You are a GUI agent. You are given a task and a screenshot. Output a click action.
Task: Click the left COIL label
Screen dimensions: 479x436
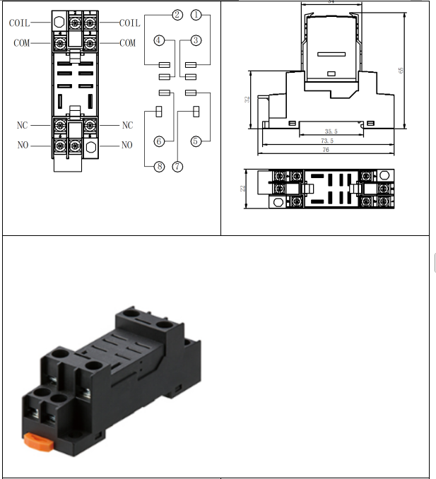(x=19, y=23)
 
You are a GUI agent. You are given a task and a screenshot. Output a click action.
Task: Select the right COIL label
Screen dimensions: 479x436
(x=129, y=23)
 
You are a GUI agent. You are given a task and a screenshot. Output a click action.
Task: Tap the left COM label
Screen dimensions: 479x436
(x=22, y=43)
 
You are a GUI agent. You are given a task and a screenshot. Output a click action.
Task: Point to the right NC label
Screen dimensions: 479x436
(x=127, y=125)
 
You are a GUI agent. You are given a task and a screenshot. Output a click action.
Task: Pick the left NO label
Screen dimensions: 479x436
(x=22, y=146)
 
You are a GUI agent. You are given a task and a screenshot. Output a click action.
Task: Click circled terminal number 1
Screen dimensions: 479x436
(x=196, y=14)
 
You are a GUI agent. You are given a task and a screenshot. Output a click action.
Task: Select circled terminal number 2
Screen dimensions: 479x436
(x=177, y=14)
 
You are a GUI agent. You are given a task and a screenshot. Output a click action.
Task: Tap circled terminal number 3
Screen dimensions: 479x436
(x=196, y=41)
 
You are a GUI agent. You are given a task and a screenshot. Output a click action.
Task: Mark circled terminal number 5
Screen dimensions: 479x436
(x=196, y=141)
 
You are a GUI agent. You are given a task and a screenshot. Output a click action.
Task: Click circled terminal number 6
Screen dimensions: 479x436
(x=159, y=141)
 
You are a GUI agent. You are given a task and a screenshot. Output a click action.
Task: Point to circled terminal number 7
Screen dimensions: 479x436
(x=177, y=167)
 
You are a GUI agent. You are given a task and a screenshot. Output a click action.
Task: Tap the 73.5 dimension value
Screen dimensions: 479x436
(x=326, y=141)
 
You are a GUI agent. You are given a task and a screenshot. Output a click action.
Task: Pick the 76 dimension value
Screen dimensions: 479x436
(x=326, y=150)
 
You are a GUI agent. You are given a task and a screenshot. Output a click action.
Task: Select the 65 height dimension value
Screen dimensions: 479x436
(x=401, y=70)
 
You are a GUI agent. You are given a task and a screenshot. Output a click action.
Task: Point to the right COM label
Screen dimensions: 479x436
(x=127, y=43)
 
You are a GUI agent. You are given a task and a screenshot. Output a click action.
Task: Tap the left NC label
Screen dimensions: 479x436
(x=22, y=125)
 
